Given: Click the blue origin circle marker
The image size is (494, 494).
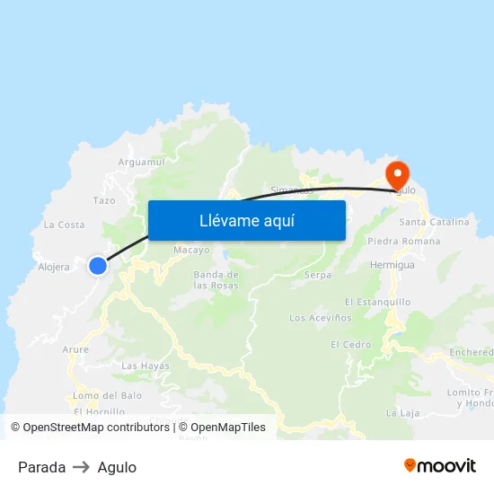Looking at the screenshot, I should (97, 265).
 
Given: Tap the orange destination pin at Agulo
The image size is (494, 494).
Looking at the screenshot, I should (397, 173).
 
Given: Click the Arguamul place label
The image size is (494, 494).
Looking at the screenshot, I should (142, 162).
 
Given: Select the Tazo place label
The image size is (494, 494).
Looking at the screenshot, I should (104, 200).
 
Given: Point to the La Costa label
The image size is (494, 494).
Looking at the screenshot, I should (65, 225).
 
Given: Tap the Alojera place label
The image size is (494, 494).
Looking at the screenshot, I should (54, 267).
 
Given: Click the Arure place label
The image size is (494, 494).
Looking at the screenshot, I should (75, 349).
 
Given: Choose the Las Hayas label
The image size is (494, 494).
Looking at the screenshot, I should (145, 366).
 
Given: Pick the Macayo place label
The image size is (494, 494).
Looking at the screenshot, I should (191, 250).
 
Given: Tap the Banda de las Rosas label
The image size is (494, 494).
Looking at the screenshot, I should (216, 279).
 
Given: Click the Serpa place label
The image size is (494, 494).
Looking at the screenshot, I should (318, 275).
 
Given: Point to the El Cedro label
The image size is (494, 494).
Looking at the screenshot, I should (350, 345).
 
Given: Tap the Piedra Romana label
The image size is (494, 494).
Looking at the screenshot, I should (403, 242).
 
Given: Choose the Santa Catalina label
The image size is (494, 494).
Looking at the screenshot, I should (434, 222).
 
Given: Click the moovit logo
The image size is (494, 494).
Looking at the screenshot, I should (439, 466).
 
